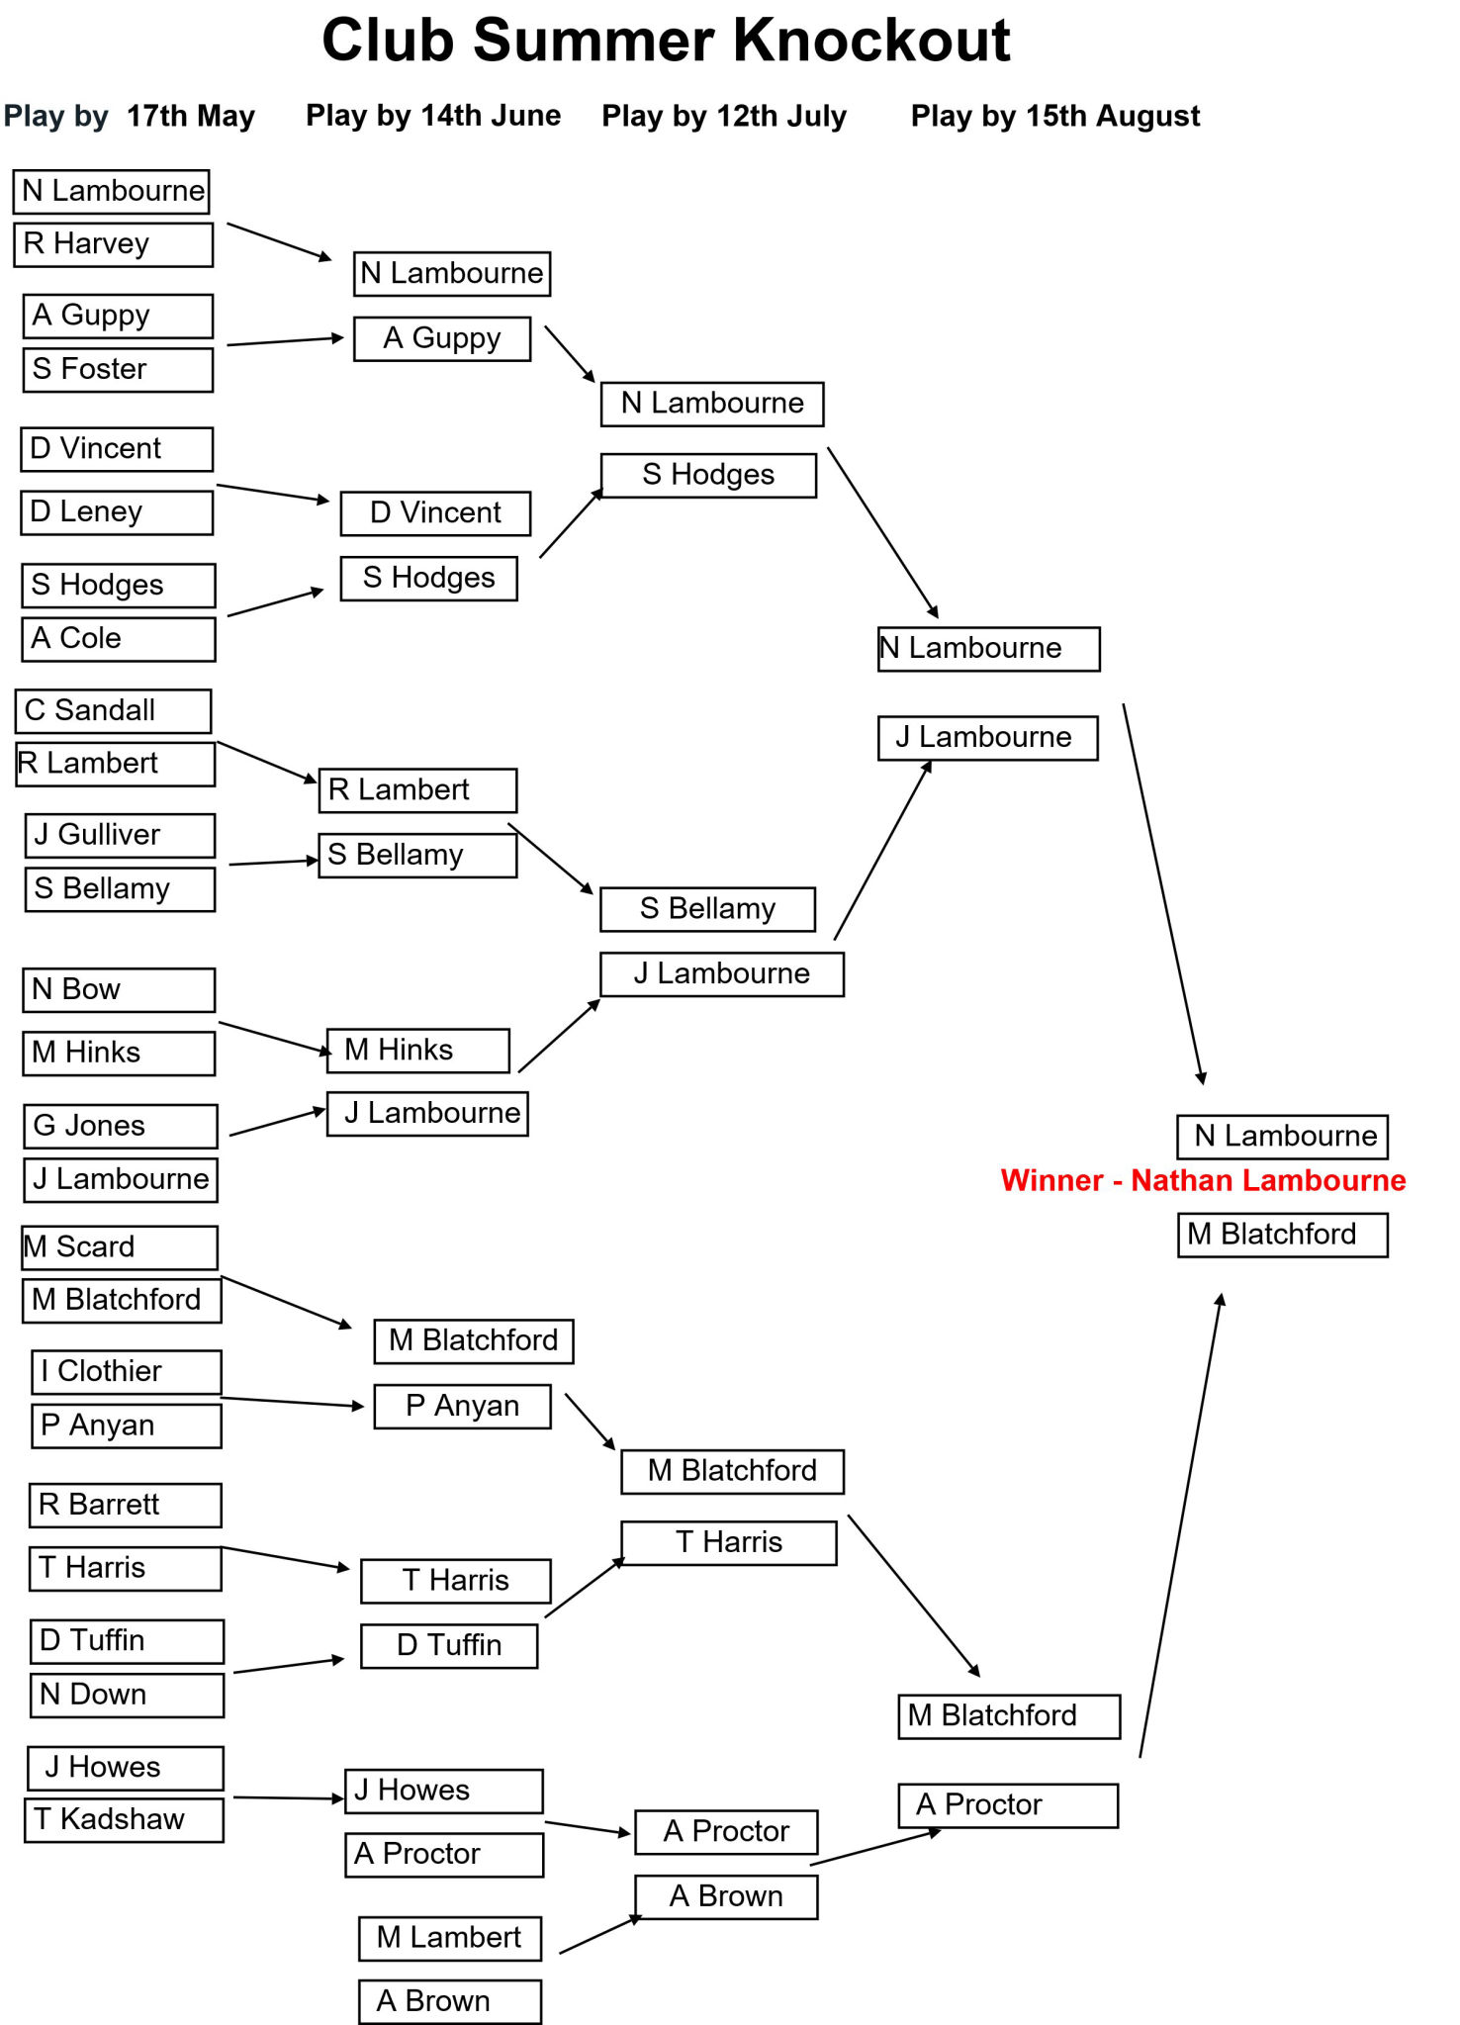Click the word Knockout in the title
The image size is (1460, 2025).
tap(871, 41)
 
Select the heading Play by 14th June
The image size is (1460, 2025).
tap(433, 116)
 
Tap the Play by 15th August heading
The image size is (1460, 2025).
tap(1055, 116)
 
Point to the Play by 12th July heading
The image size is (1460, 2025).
tap(724, 116)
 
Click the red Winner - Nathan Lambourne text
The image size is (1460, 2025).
tap(1203, 1180)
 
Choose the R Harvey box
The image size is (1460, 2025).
tap(113, 244)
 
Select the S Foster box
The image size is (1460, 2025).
tap(118, 370)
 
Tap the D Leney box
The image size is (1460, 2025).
tap(117, 512)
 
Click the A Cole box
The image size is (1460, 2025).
tap(119, 639)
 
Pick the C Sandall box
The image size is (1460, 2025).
tap(114, 711)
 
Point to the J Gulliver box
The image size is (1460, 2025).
tap(120, 836)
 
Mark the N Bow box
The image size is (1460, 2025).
tap(119, 990)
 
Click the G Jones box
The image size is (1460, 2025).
tap(121, 1127)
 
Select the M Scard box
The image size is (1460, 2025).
tap(120, 1248)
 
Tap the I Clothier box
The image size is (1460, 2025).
tap(127, 1373)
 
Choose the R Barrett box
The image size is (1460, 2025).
tap(126, 1506)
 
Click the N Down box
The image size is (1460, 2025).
tap(128, 1696)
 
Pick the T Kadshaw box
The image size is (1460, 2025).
tap(125, 1820)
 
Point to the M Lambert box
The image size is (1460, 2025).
tap(450, 1939)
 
